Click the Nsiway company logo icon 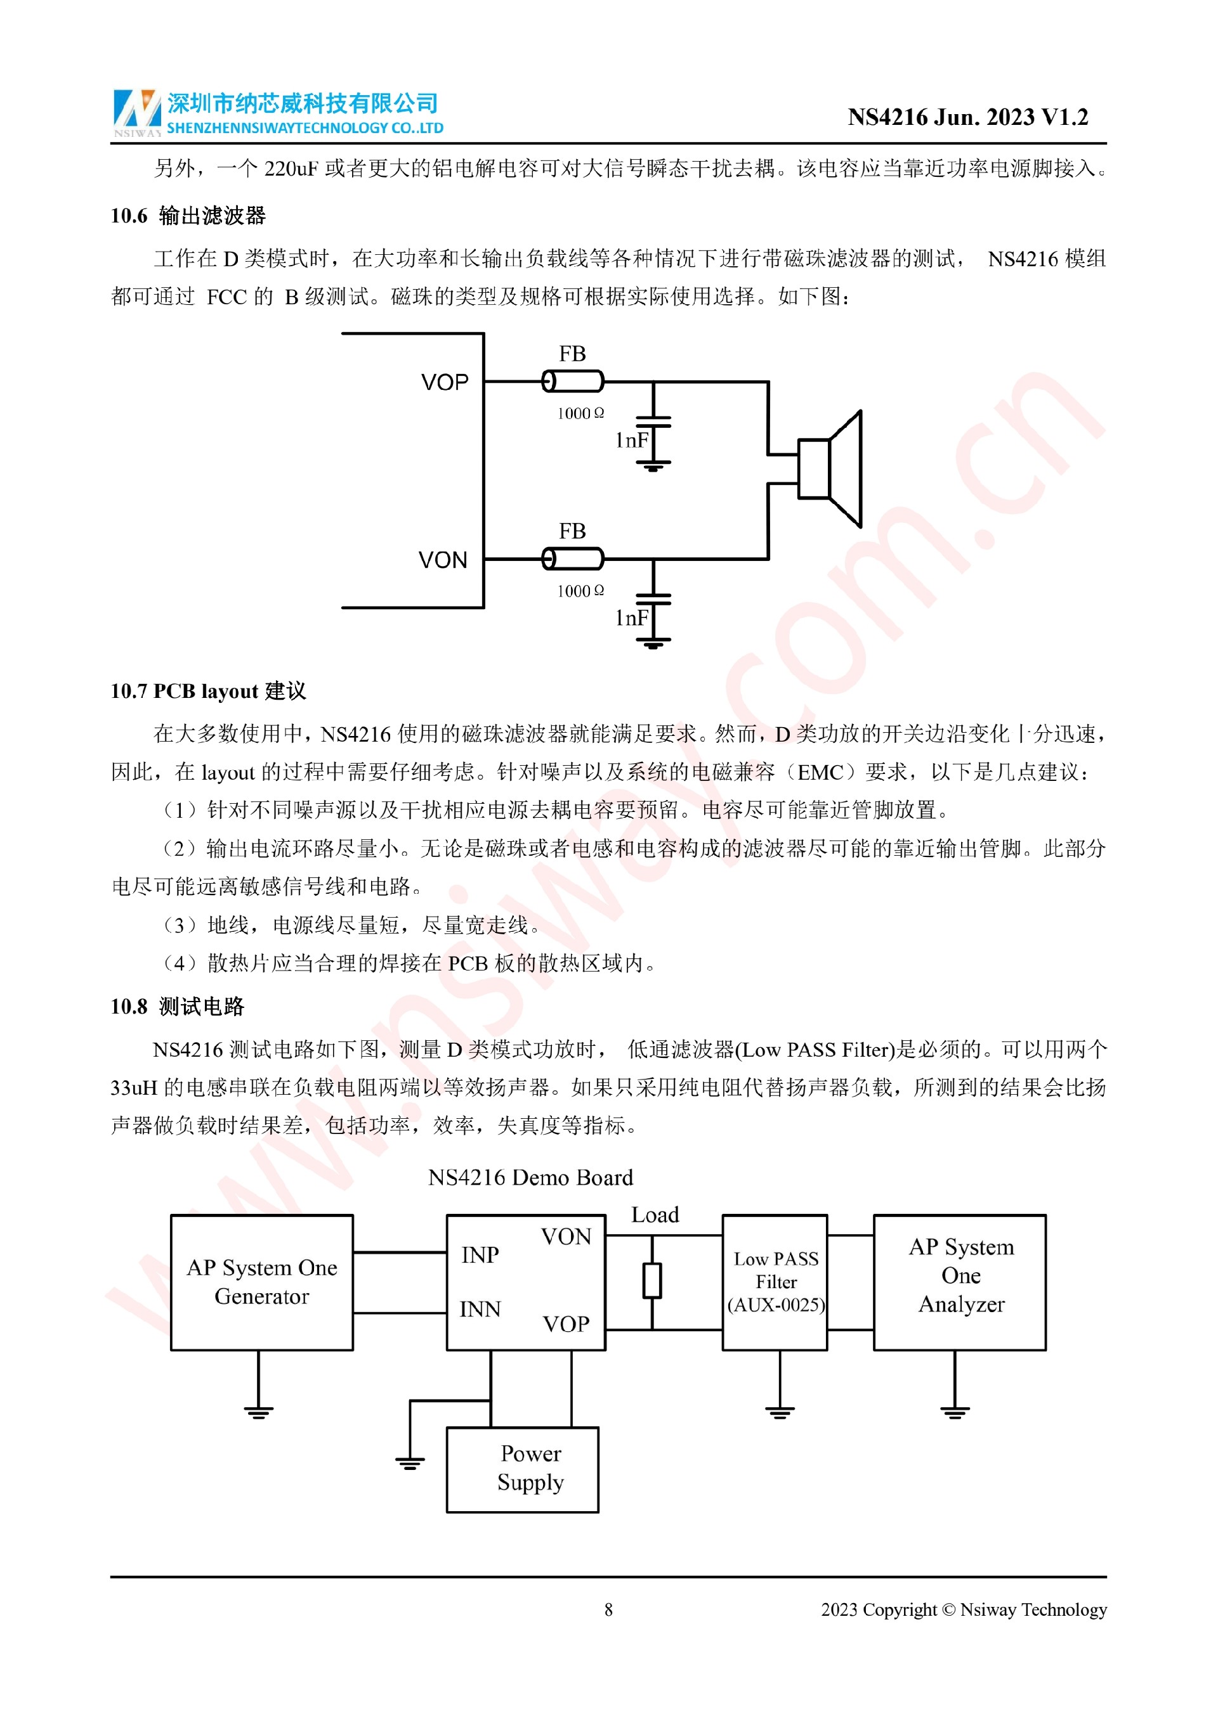point(137,112)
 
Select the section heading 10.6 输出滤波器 point(188,216)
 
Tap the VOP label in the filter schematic point(445,383)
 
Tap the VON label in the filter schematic point(443,561)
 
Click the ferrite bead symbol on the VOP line point(573,382)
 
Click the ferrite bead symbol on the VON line point(573,559)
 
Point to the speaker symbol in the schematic point(831,469)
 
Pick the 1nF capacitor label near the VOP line point(631,441)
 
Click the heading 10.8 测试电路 point(178,1007)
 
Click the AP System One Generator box point(262,1282)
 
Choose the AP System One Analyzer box point(960,1282)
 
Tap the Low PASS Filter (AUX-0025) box point(775,1282)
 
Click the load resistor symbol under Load point(653,1281)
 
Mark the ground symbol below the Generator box point(259,1412)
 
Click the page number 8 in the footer point(608,1610)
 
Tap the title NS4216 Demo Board point(530,1178)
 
